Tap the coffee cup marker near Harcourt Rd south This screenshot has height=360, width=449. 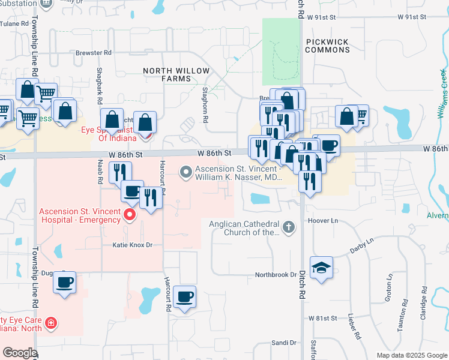[x=184, y=296]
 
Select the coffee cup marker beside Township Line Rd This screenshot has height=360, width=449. [x=65, y=281]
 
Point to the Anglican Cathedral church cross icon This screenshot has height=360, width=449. [x=289, y=227]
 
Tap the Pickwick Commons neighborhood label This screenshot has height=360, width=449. [x=327, y=46]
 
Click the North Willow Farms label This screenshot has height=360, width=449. [x=176, y=75]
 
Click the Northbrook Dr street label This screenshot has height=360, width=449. [x=276, y=275]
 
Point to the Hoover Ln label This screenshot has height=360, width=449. [x=324, y=221]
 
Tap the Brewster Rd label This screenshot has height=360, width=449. [x=94, y=53]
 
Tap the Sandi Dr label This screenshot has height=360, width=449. [x=284, y=343]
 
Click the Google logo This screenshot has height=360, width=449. [x=20, y=353]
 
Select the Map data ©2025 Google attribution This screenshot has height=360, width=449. [x=412, y=355]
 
